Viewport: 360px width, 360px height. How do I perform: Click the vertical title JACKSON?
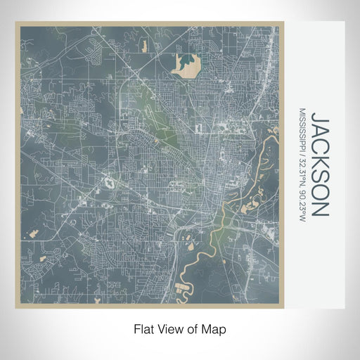pos(318,163)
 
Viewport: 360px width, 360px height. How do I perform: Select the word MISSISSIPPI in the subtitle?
pos(302,131)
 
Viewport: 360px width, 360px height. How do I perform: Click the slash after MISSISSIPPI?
pos(302,157)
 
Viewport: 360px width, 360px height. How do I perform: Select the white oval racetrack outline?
pos(110,184)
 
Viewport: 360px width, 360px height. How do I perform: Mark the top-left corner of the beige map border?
pos(18,24)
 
